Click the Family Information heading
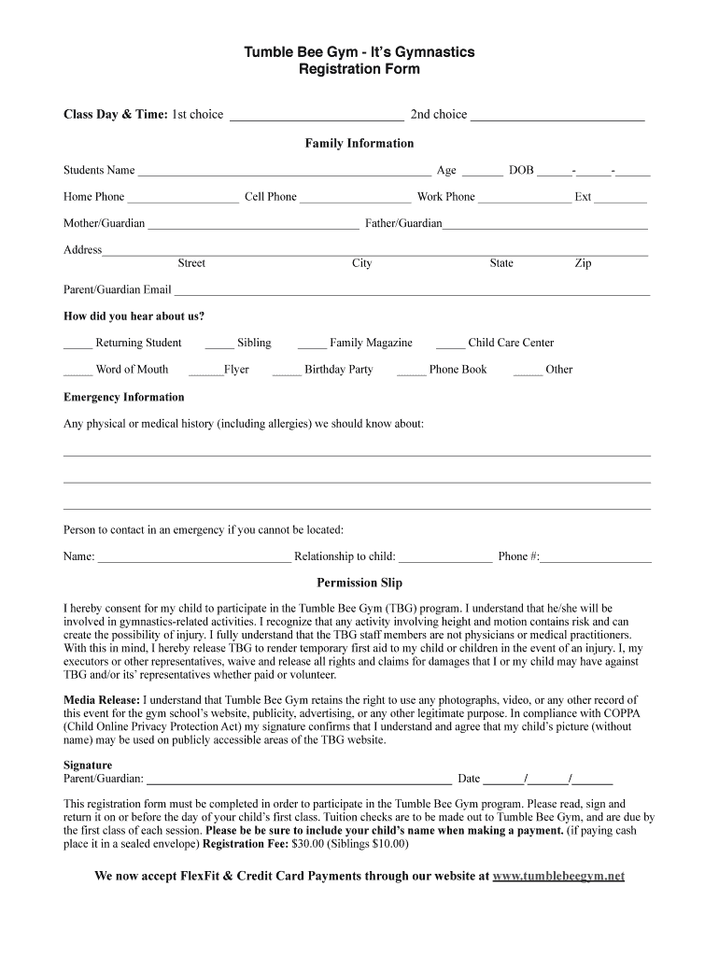pyautogui.click(x=359, y=143)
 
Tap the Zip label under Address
pyautogui.click(x=583, y=263)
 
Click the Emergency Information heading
pyautogui.click(x=124, y=397)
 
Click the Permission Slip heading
pyautogui.click(x=359, y=583)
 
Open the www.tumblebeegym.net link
pyautogui.click(x=558, y=877)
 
